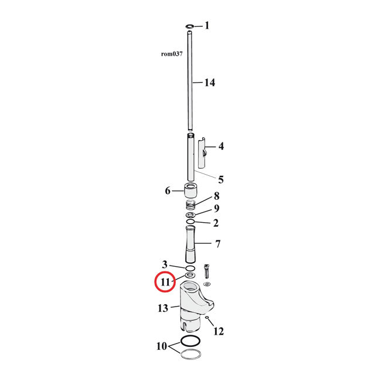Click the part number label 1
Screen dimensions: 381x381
point(206,26)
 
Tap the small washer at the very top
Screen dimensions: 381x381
point(190,26)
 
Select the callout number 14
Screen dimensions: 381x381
point(209,83)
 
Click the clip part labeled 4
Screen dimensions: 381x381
point(202,153)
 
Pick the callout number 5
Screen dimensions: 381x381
point(221,179)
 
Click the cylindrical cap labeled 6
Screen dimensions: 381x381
point(190,191)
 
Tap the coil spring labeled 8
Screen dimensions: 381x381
point(190,205)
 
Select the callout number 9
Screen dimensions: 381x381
point(216,209)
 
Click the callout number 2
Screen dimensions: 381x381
point(216,223)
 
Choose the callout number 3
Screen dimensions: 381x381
point(165,264)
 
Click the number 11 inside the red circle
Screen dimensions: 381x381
point(165,282)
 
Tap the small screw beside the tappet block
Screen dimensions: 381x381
point(207,272)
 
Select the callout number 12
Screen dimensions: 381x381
point(218,332)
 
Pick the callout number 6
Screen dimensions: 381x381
point(168,191)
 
